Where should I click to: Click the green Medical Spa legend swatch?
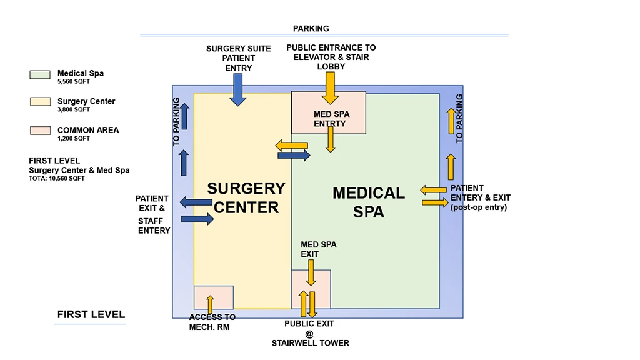(39, 75)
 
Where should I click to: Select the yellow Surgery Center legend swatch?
(39, 102)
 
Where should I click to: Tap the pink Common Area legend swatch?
(39, 131)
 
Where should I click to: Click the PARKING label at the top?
(311, 29)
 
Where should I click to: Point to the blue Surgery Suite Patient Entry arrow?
(237, 89)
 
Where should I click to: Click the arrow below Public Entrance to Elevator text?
(331, 87)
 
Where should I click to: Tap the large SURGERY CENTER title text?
(246, 197)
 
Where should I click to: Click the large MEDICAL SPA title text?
(369, 202)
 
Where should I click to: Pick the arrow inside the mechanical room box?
(210, 304)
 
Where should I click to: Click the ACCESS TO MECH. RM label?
(212, 322)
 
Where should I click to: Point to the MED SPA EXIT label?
(319, 249)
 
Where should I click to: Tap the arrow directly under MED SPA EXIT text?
(311, 272)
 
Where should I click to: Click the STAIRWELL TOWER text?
(311, 343)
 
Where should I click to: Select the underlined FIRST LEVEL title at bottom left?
(91, 315)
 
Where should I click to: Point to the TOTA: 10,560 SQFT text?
(57, 178)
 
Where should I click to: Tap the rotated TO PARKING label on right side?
(460, 119)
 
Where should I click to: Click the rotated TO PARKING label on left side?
(176, 122)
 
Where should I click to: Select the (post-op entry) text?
(479, 207)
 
